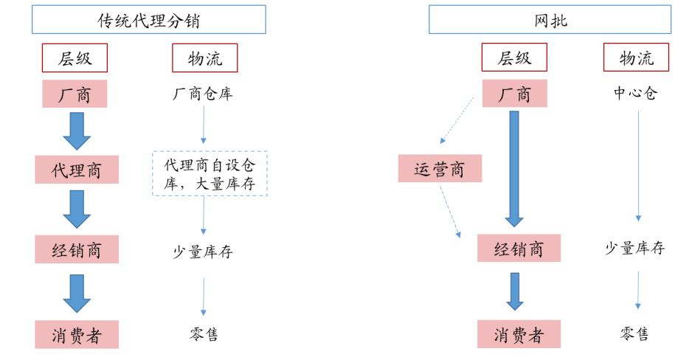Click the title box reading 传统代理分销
[x=148, y=20]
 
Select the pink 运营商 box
[x=440, y=170]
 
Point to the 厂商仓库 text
[x=203, y=94]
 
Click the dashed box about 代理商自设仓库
[x=210, y=174]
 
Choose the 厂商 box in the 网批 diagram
[x=514, y=94]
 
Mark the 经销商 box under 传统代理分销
[x=77, y=250]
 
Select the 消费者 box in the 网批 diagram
[x=519, y=335]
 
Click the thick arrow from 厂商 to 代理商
[x=77, y=131]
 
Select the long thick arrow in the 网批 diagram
[x=514, y=168]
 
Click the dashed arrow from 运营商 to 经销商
[x=450, y=211]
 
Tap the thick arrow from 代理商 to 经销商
[x=77, y=209]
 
